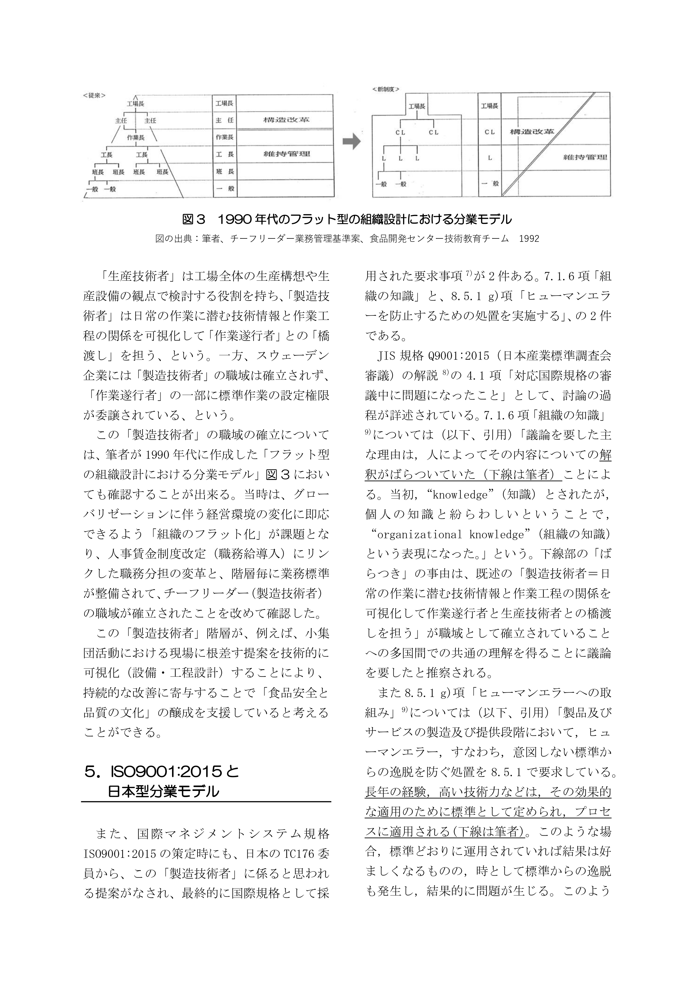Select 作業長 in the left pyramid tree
[136, 138]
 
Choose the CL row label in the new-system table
[490, 132]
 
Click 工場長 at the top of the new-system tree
[417, 107]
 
